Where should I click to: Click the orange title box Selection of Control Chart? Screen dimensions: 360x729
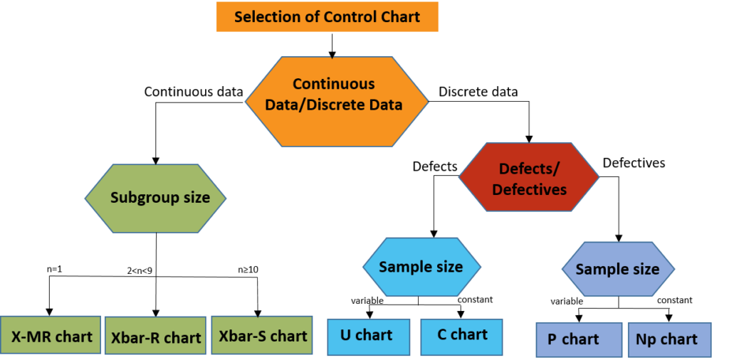click(327, 16)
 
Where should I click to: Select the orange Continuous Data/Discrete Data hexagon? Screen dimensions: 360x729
click(336, 102)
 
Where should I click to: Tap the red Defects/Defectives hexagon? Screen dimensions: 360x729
click(529, 178)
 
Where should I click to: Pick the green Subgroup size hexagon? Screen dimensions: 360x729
click(156, 198)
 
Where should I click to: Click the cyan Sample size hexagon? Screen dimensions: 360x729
click(421, 268)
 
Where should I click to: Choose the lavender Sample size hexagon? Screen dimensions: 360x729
click(618, 269)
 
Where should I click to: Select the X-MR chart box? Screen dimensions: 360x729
click(51, 336)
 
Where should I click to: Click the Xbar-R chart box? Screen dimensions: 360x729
click(156, 337)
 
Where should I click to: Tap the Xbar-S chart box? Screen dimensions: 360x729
click(262, 336)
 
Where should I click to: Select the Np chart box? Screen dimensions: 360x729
click(668, 340)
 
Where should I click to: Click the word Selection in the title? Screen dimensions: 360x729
click(266, 16)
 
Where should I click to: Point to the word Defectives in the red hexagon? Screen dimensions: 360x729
click(530, 190)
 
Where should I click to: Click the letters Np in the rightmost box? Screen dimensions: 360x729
click(646, 340)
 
